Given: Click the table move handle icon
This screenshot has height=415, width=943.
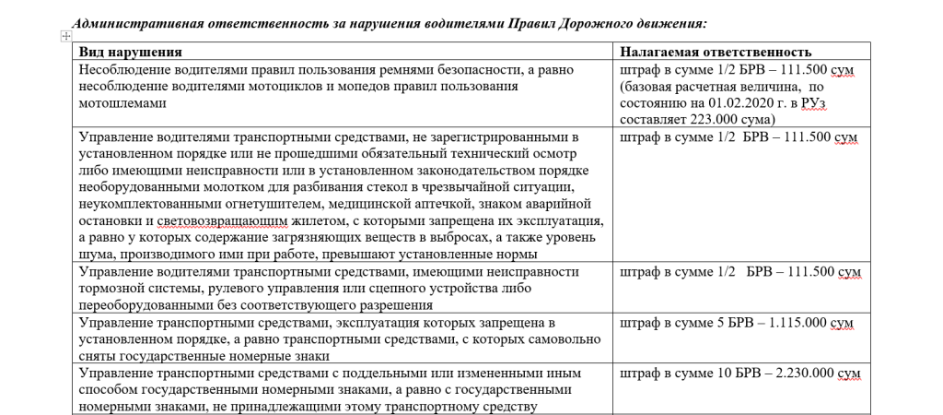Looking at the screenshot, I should tap(64, 35).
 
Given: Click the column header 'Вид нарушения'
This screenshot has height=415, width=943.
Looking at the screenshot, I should tap(130, 52).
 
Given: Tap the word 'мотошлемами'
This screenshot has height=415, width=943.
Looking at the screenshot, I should tap(119, 103).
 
